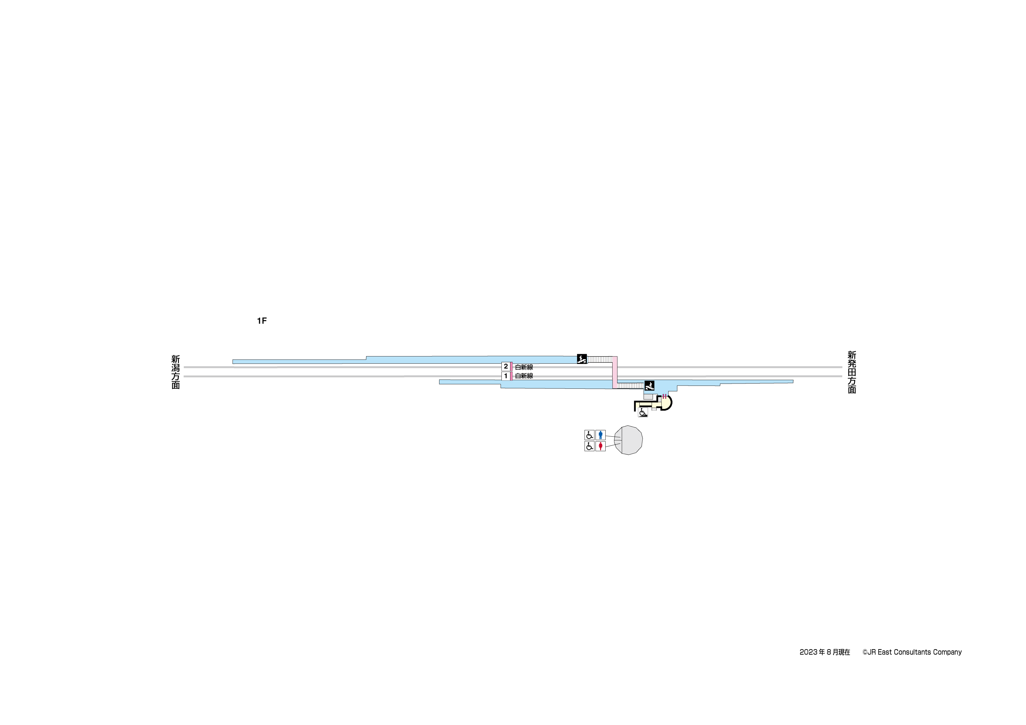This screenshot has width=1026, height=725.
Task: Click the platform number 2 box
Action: (x=505, y=366)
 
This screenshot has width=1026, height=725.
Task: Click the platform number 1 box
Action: (x=505, y=376)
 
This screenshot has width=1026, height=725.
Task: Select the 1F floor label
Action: (x=262, y=321)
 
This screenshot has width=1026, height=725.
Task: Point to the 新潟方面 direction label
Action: (x=176, y=372)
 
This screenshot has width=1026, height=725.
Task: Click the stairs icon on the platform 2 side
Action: (x=582, y=359)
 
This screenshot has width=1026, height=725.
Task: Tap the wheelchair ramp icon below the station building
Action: (x=643, y=413)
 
